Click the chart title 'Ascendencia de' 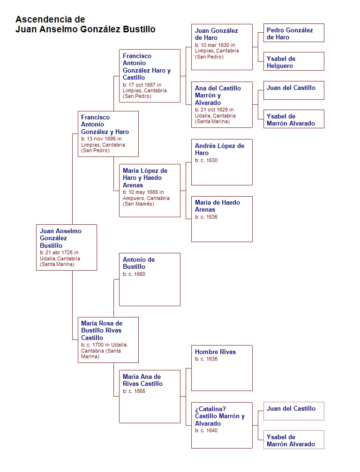point(50,20)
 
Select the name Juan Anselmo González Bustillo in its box point(60,238)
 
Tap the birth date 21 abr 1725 point(59,252)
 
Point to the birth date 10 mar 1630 point(215,45)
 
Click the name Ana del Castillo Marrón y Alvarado point(218,96)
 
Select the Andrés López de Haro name point(219,149)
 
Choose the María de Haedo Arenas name point(217,206)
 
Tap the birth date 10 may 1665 point(143,192)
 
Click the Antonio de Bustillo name point(139,263)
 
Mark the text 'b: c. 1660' point(134,274)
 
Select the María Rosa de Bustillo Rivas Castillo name point(102,330)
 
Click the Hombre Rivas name point(215,352)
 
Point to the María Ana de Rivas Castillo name point(142,380)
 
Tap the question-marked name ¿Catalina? point(210,409)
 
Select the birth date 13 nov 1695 point(102,139)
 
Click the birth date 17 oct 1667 point(142,85)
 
